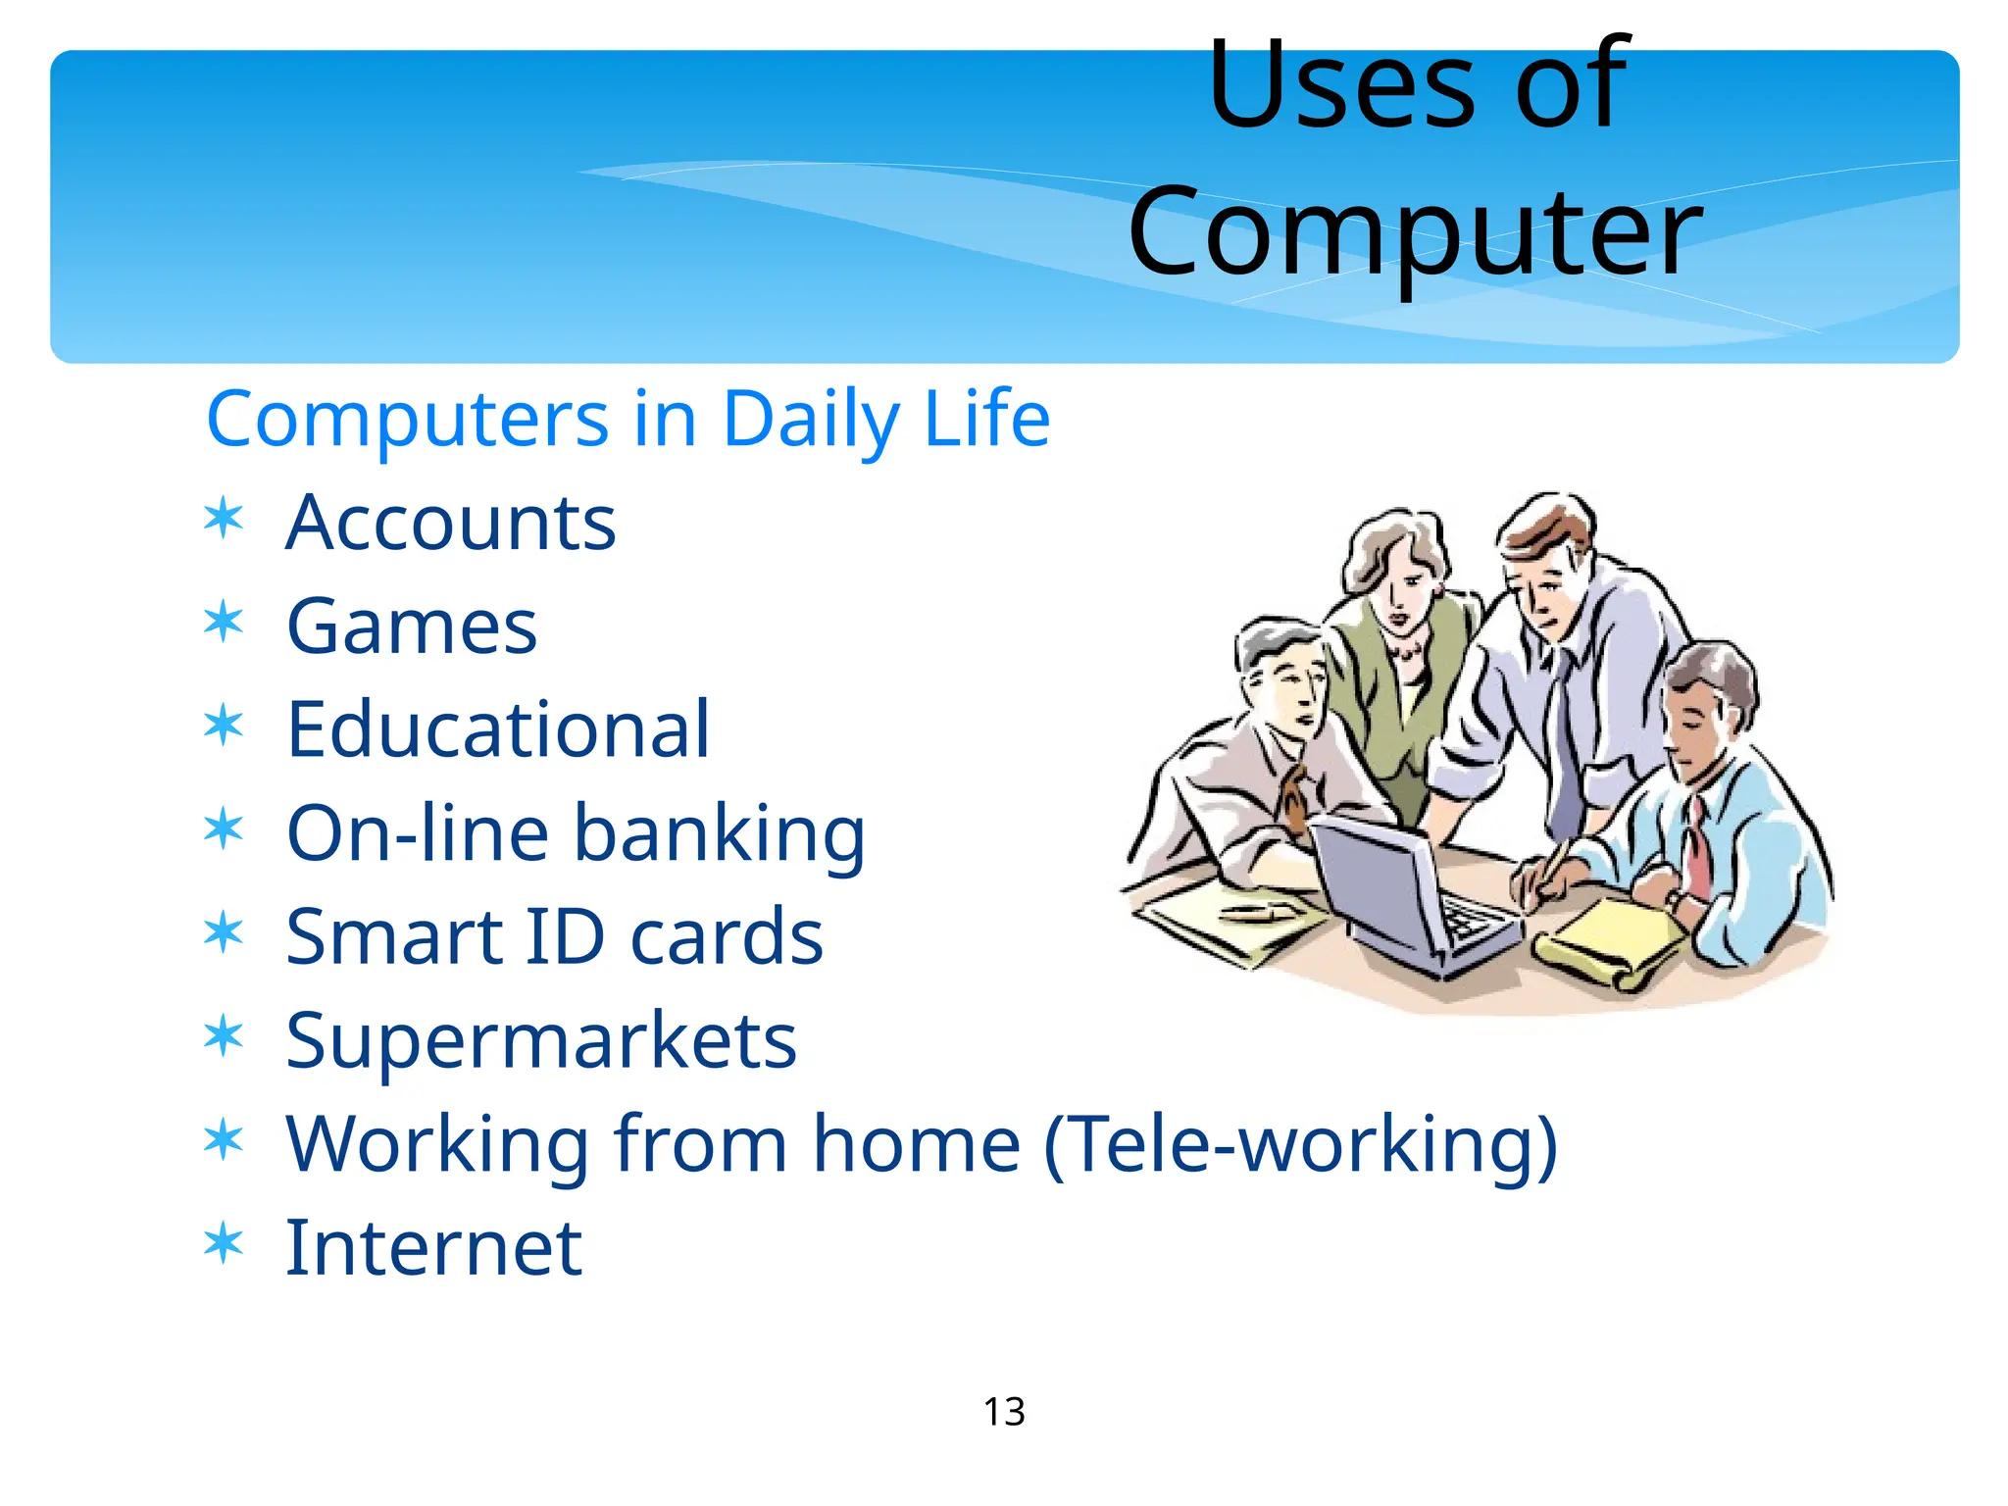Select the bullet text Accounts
click(450, 524)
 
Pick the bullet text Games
click(411, 627)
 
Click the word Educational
click(497, 730)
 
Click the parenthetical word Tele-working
click(1300, 1144)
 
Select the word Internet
click(433, 1248)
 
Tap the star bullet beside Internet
click(224, 1243)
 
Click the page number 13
click(1004, 1412)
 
